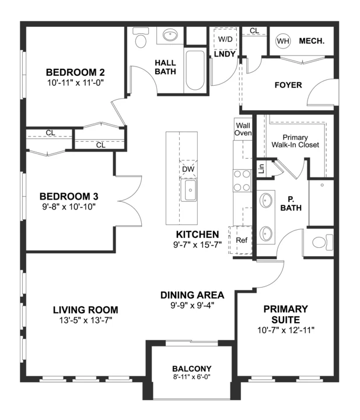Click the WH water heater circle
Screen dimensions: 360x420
coord(283,41)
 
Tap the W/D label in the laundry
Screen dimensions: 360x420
coord(225,39)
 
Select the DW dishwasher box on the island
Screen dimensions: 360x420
coord(188,169)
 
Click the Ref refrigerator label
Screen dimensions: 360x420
coord(242,240)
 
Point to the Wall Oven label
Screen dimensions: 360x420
coord(243,129)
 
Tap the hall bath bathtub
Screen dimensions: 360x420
coord(195,70)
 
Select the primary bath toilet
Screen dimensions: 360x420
coord(322,242)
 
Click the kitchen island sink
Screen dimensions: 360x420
coord(189,190)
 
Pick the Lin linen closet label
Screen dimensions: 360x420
coord(262,169)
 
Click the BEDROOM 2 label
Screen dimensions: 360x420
coord(75,72)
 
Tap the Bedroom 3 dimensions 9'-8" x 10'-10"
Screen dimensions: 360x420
coord(69,206)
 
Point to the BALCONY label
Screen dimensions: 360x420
coord(192,369)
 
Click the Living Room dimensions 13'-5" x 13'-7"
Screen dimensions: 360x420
coord(86,320)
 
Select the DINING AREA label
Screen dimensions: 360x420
coord(193,295)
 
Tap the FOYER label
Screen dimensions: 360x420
coord(288,85)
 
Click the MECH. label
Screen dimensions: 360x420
coord(312,41)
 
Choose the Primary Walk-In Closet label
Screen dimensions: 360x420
coord(295,141)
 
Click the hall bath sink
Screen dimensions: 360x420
coord(170,35)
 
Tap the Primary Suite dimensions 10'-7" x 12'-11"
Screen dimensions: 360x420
coord(286,330)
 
